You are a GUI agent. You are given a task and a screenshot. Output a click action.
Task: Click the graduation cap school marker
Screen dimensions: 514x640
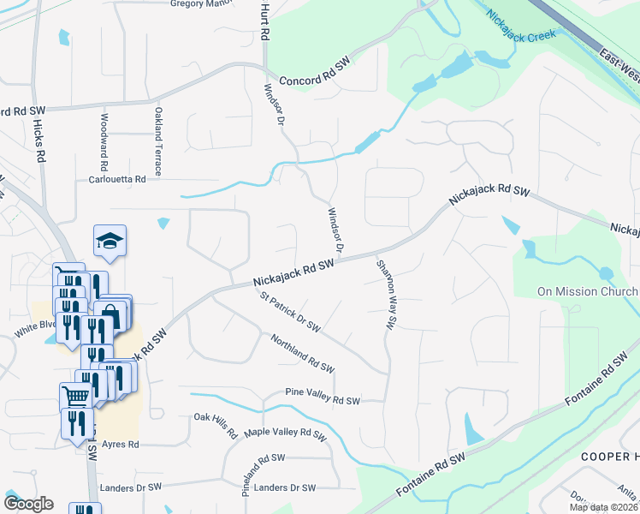point(110,242)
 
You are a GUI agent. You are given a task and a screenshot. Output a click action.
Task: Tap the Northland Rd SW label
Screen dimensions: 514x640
point(302,353)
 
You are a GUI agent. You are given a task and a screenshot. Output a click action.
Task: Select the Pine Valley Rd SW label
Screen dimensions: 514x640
point(323,400)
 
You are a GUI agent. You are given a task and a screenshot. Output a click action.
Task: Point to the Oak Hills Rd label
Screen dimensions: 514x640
point(215,424)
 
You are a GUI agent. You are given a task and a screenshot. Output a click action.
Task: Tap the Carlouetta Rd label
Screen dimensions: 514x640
point(117,179)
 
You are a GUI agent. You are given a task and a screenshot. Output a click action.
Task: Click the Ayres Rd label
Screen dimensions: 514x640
point(120,445)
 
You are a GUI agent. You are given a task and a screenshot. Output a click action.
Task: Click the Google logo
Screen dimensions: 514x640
point(28,503)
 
